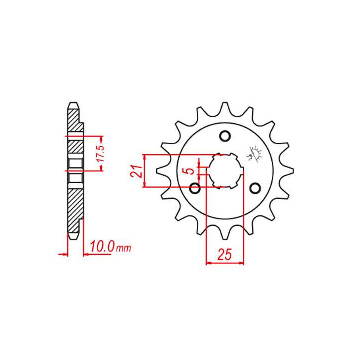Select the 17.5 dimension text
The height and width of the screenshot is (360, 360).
coord(100,153)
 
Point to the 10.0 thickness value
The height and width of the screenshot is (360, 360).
coord(102,247)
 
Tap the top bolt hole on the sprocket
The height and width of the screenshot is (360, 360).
coord(225,136)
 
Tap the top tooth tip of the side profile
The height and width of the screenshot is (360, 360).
coord(73,105)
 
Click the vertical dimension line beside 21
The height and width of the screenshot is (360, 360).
coord(145,171)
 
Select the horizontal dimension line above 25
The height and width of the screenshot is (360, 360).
coord(225,262)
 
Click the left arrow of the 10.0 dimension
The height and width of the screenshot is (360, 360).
coord(63,254)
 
